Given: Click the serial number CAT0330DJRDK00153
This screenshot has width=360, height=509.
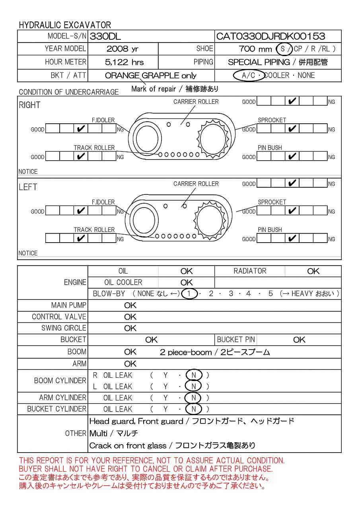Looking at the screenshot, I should (270, 37).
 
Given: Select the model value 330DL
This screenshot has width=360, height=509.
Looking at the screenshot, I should (105, 37).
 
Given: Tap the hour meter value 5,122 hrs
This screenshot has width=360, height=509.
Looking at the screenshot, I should (124, 62).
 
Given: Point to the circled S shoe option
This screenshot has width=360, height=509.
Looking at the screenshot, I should (283, 49).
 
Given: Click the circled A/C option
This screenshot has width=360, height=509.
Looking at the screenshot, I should (249, 75).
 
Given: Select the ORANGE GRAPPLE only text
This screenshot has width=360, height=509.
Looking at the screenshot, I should (151, 76).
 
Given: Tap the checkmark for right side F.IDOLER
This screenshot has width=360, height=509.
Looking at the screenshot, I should (81, 129).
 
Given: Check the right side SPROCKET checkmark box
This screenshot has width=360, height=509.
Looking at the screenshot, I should (292, 129).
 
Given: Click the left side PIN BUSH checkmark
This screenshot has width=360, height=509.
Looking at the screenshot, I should (292, 239).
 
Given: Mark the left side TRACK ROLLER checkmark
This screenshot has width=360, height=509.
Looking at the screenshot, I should (81, 239).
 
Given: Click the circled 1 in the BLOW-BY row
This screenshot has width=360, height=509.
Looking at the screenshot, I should (190, 294).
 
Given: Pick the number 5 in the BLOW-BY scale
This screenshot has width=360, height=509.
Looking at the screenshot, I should (270, 294).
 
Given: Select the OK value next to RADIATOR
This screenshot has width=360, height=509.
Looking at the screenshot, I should (313, 271).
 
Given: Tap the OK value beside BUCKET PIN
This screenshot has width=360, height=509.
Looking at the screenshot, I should (299, 340).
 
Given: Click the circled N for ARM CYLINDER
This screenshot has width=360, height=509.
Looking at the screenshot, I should (194, 398).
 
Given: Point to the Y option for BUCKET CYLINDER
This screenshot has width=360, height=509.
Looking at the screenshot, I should (165, 409).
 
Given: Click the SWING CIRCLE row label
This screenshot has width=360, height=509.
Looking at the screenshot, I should (64, 328).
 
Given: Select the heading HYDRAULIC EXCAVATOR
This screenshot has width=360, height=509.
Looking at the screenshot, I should (65, 25).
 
